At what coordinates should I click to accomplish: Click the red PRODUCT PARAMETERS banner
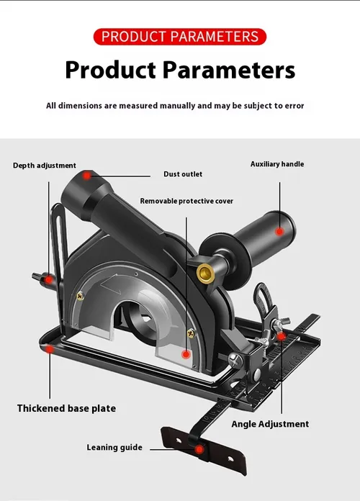[180, 37]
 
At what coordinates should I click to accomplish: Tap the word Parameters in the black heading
[229, 70]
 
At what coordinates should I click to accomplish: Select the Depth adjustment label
[45, 166]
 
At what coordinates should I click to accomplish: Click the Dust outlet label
[183, 174]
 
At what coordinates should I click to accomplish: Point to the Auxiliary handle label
[277, 164]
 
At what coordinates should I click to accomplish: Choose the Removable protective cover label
[186, 201]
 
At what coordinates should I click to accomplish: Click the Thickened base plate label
[66, 408]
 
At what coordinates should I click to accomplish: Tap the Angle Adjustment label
[270, 424]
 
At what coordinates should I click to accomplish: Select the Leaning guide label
[114, 447]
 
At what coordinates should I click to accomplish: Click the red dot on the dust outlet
[86, 176]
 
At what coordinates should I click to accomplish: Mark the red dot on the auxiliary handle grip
[280, 231]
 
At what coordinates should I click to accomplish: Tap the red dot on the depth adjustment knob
[48, 279]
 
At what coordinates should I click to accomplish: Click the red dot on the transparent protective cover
[186, 354]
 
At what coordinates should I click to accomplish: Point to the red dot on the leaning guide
[199, 450]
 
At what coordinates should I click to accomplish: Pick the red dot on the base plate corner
[50, 349]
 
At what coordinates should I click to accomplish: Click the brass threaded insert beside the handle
[205, 274]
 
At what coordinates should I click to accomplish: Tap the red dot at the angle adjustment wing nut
[281, 336]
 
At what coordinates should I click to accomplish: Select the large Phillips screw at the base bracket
[235, 360]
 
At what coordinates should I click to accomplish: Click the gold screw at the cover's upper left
[80, 296]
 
